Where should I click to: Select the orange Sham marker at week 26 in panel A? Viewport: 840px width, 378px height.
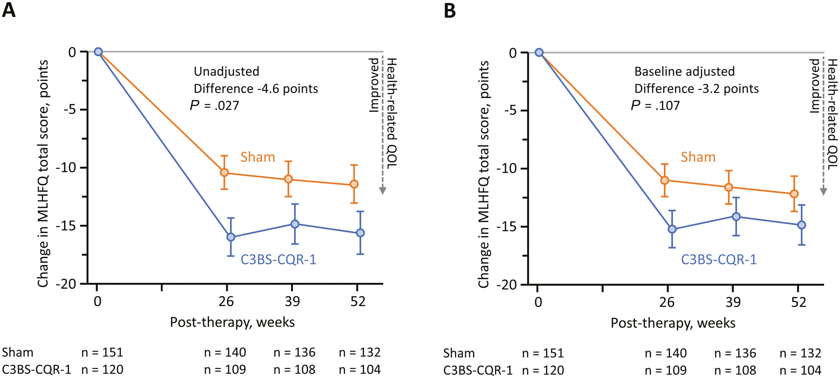[x=224, y=172]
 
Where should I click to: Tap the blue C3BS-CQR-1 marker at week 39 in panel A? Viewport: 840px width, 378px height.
[x=295, y=224]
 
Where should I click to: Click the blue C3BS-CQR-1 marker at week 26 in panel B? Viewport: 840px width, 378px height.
[x=672, y=229]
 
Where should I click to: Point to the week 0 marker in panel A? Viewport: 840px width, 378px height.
[x=98, y=52]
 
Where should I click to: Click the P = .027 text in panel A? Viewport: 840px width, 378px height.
[x=215, y=106]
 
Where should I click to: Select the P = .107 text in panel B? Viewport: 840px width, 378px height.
[x=655, y=106]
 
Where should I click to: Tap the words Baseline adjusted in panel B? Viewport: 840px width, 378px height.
[x=685, y=72]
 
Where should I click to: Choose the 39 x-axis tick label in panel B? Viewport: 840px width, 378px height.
[x=733, y=302]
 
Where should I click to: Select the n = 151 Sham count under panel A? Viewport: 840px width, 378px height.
[x=102, y=352]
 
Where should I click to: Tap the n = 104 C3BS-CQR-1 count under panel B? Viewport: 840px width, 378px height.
[x=801, y=370]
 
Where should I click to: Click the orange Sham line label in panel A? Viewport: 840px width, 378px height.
[x=258, y=157]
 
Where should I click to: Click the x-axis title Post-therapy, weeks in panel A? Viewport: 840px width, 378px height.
[x=232, y=322]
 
